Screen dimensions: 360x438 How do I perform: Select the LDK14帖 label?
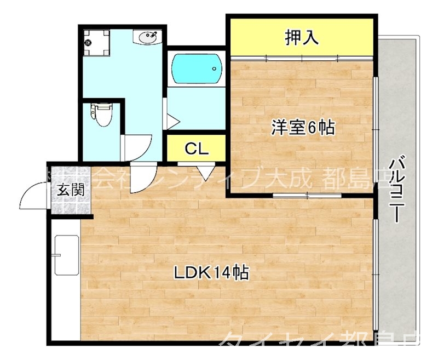(212, 271)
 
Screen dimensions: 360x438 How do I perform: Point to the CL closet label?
(196, 148)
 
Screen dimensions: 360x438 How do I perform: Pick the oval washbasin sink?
(148, 37)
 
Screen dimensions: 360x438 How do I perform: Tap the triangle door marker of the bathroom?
(170, 119)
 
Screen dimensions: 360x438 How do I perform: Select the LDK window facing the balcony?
(376, 274)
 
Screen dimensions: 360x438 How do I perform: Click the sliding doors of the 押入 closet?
(302, 56)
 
